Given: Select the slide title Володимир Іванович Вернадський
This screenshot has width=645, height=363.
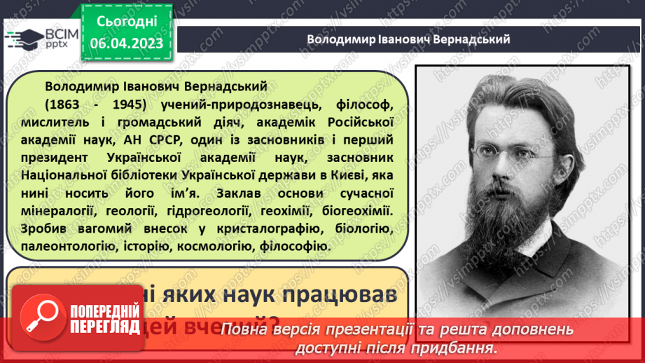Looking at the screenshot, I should (x=408, y=39).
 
